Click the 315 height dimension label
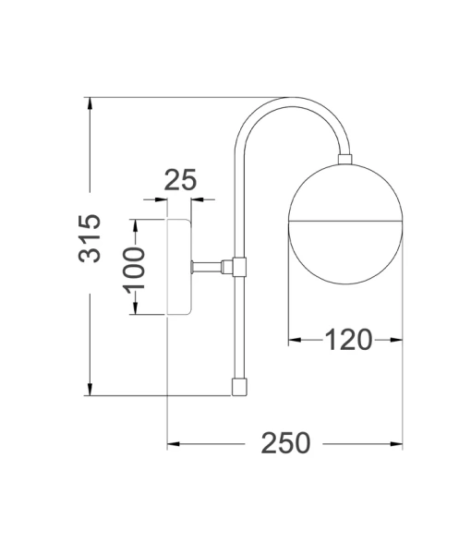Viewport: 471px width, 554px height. click(90, 238)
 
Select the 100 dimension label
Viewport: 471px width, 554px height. click(135, 268)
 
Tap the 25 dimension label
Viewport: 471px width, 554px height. click(180, 179)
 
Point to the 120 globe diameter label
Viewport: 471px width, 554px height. click(347, 340)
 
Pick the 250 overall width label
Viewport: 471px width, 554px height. click(284, 444)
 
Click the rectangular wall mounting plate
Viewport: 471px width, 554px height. click(178, 268)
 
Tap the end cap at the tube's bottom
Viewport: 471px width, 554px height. click(239, 385)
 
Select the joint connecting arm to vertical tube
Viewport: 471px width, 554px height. click(239, 267)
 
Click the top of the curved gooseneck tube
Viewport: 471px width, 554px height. click(294, 102)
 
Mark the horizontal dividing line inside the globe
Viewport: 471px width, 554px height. click(346, 222)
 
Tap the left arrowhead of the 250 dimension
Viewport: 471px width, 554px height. click(173, 445)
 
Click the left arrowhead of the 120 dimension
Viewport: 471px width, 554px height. click(295, 340)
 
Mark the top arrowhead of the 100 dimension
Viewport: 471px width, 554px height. click(135, 224)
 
